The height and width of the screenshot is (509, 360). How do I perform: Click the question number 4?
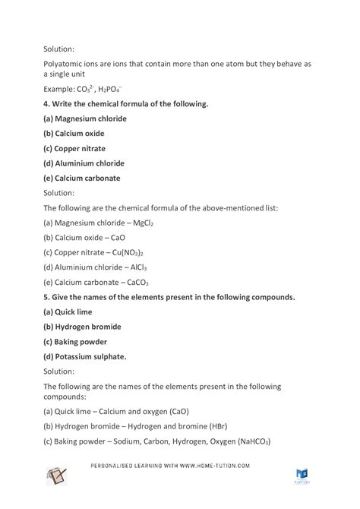coord(46,103)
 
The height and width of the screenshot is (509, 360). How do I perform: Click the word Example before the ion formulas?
coord(60,89)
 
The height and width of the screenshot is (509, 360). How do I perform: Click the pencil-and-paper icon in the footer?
coord(61,478)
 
